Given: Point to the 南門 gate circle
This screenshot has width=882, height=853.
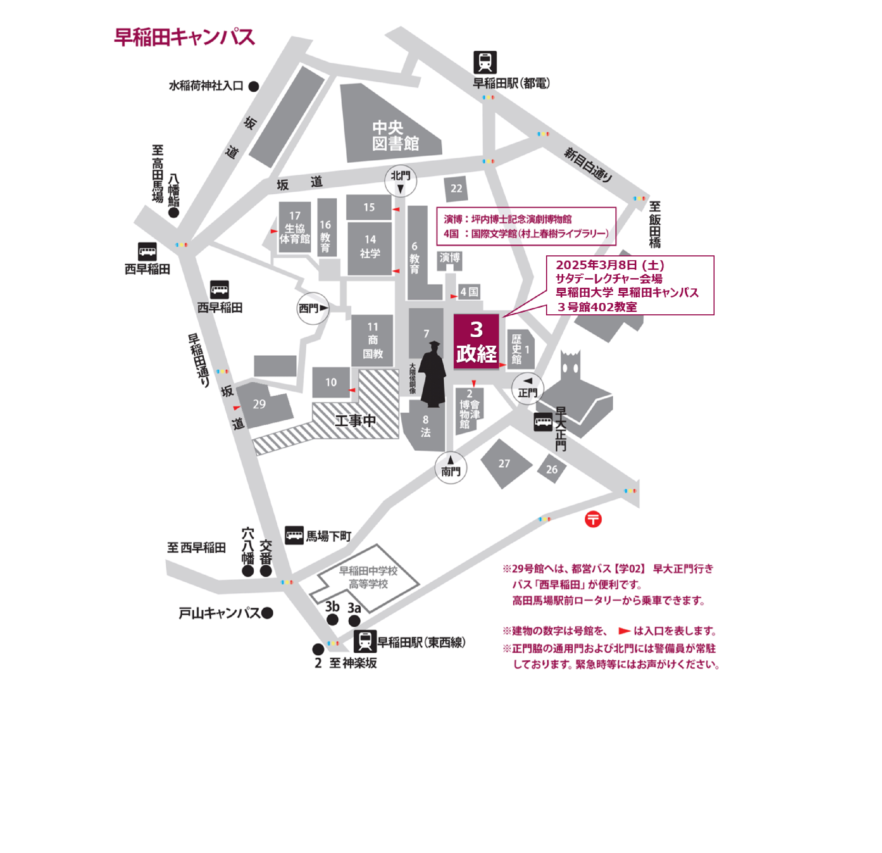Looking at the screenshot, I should coord(450,468).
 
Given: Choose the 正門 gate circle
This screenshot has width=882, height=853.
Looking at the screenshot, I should coord(527,388).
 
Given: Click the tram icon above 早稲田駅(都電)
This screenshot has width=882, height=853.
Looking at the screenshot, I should coord(485,62).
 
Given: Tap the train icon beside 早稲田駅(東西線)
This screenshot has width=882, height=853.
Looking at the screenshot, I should coord(365,641).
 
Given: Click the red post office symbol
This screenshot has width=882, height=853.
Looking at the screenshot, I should coord(593,519).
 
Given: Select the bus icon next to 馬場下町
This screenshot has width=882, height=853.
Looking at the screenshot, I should coord(294,535).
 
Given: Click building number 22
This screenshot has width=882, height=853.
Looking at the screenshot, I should coord(456,189).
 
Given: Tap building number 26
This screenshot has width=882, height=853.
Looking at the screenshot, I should coord(551,469).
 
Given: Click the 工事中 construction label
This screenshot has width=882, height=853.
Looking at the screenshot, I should coord(355,421).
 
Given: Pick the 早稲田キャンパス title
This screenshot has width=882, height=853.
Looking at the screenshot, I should coord(185,37).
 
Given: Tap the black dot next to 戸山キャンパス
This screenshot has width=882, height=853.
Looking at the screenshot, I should coord(267,613).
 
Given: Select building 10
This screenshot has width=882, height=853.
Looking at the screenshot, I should coord(331,382).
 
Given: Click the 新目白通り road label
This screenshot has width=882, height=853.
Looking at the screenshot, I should coord(588,165).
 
